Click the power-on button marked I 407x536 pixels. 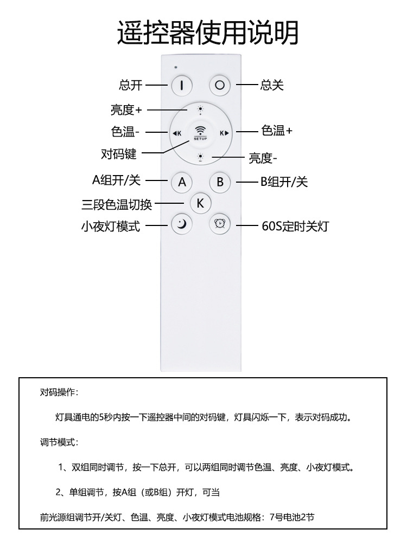[x=182, y=85]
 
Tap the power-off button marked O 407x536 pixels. [x=220, y=85]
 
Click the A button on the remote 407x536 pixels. [x=182, y=182]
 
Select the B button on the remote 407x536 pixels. [x=220, y=182]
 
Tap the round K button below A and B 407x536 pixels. [x=200, y=203]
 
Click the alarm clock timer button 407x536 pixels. [x=220, y=224]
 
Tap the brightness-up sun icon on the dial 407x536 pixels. [x=201, y=111]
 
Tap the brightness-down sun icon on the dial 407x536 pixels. [x=201, y=157]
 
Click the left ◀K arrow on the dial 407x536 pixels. [x=177, y=133]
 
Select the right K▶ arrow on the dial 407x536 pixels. [x=224, y=133]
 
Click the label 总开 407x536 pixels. [x=130, y=85]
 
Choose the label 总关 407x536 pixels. [x=272, y=85]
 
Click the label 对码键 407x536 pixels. [x=118, y=154]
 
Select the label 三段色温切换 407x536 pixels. [x=117, y=204]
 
